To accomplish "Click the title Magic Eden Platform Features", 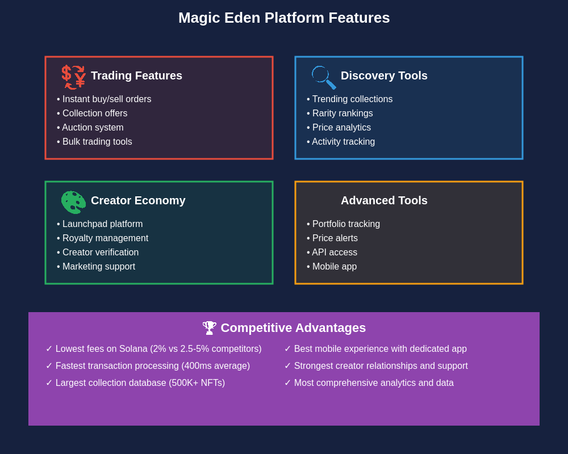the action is coord(284,18).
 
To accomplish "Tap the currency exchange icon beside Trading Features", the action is coord(74,77).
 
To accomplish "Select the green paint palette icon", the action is coord(73,202).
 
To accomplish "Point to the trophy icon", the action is coord(210,328).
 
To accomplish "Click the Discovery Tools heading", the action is coord(384,75).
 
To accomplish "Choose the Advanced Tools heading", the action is coord(384,200).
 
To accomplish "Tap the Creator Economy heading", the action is coord(138,200).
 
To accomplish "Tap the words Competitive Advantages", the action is coord(293,328).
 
